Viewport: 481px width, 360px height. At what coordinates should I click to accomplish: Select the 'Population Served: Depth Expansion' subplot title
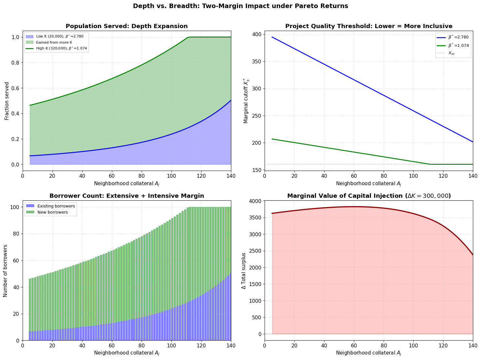pyautogui.click(x=127, y=26)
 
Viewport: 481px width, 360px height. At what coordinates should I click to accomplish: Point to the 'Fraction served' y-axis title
pyautogui.click(x=6, y=101)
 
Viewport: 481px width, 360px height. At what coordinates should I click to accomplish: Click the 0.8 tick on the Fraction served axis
pyautogui.click(x=16, y=63)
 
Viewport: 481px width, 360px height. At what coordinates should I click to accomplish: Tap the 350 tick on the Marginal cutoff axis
pyautogui.click(x=257, y=61)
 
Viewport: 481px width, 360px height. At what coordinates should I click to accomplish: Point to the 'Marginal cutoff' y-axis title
pyautogui.click(x=246, y=101)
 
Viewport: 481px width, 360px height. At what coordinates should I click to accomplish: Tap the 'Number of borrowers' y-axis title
pyautogui.click(x=5, y=271)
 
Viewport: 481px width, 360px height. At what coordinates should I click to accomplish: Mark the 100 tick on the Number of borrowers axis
pyautogui.click(x=14, y=207)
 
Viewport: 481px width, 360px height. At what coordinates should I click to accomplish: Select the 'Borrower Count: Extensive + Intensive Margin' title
pyautogui.click(x=127, y=196)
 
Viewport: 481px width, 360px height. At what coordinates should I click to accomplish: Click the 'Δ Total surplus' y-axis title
pyautogui.click(x=244, y=271)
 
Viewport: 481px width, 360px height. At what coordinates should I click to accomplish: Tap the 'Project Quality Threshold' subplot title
pyautogui.click(x=369, y=26)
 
